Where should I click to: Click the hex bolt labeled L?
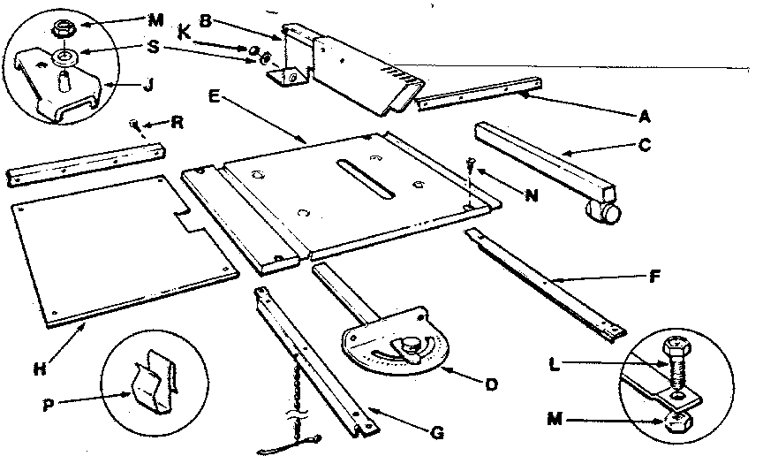pyautogui.click(x=678, y=363)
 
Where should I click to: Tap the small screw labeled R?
pyautogui.click(x=133, y=123)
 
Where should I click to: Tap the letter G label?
pyautogui.click(x=435, y=434)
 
